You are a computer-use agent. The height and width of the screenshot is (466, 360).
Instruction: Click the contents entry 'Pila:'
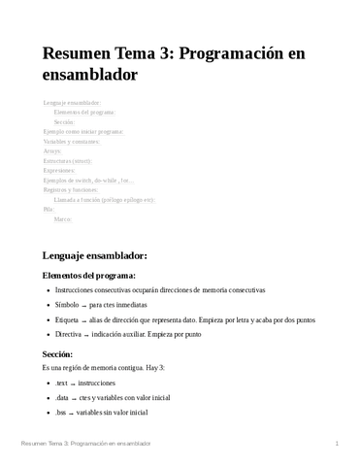click(49, 209)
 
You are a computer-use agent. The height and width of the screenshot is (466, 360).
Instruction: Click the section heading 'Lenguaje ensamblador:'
click(95, 255)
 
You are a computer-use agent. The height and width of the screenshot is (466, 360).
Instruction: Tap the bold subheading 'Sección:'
click(57, 354)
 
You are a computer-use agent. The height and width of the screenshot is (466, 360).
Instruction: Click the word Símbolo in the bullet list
click(67, 304)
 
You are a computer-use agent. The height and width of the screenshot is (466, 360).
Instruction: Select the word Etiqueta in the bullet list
click(67, 318)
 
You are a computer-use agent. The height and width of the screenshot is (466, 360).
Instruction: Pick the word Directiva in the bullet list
click(69, 333)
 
